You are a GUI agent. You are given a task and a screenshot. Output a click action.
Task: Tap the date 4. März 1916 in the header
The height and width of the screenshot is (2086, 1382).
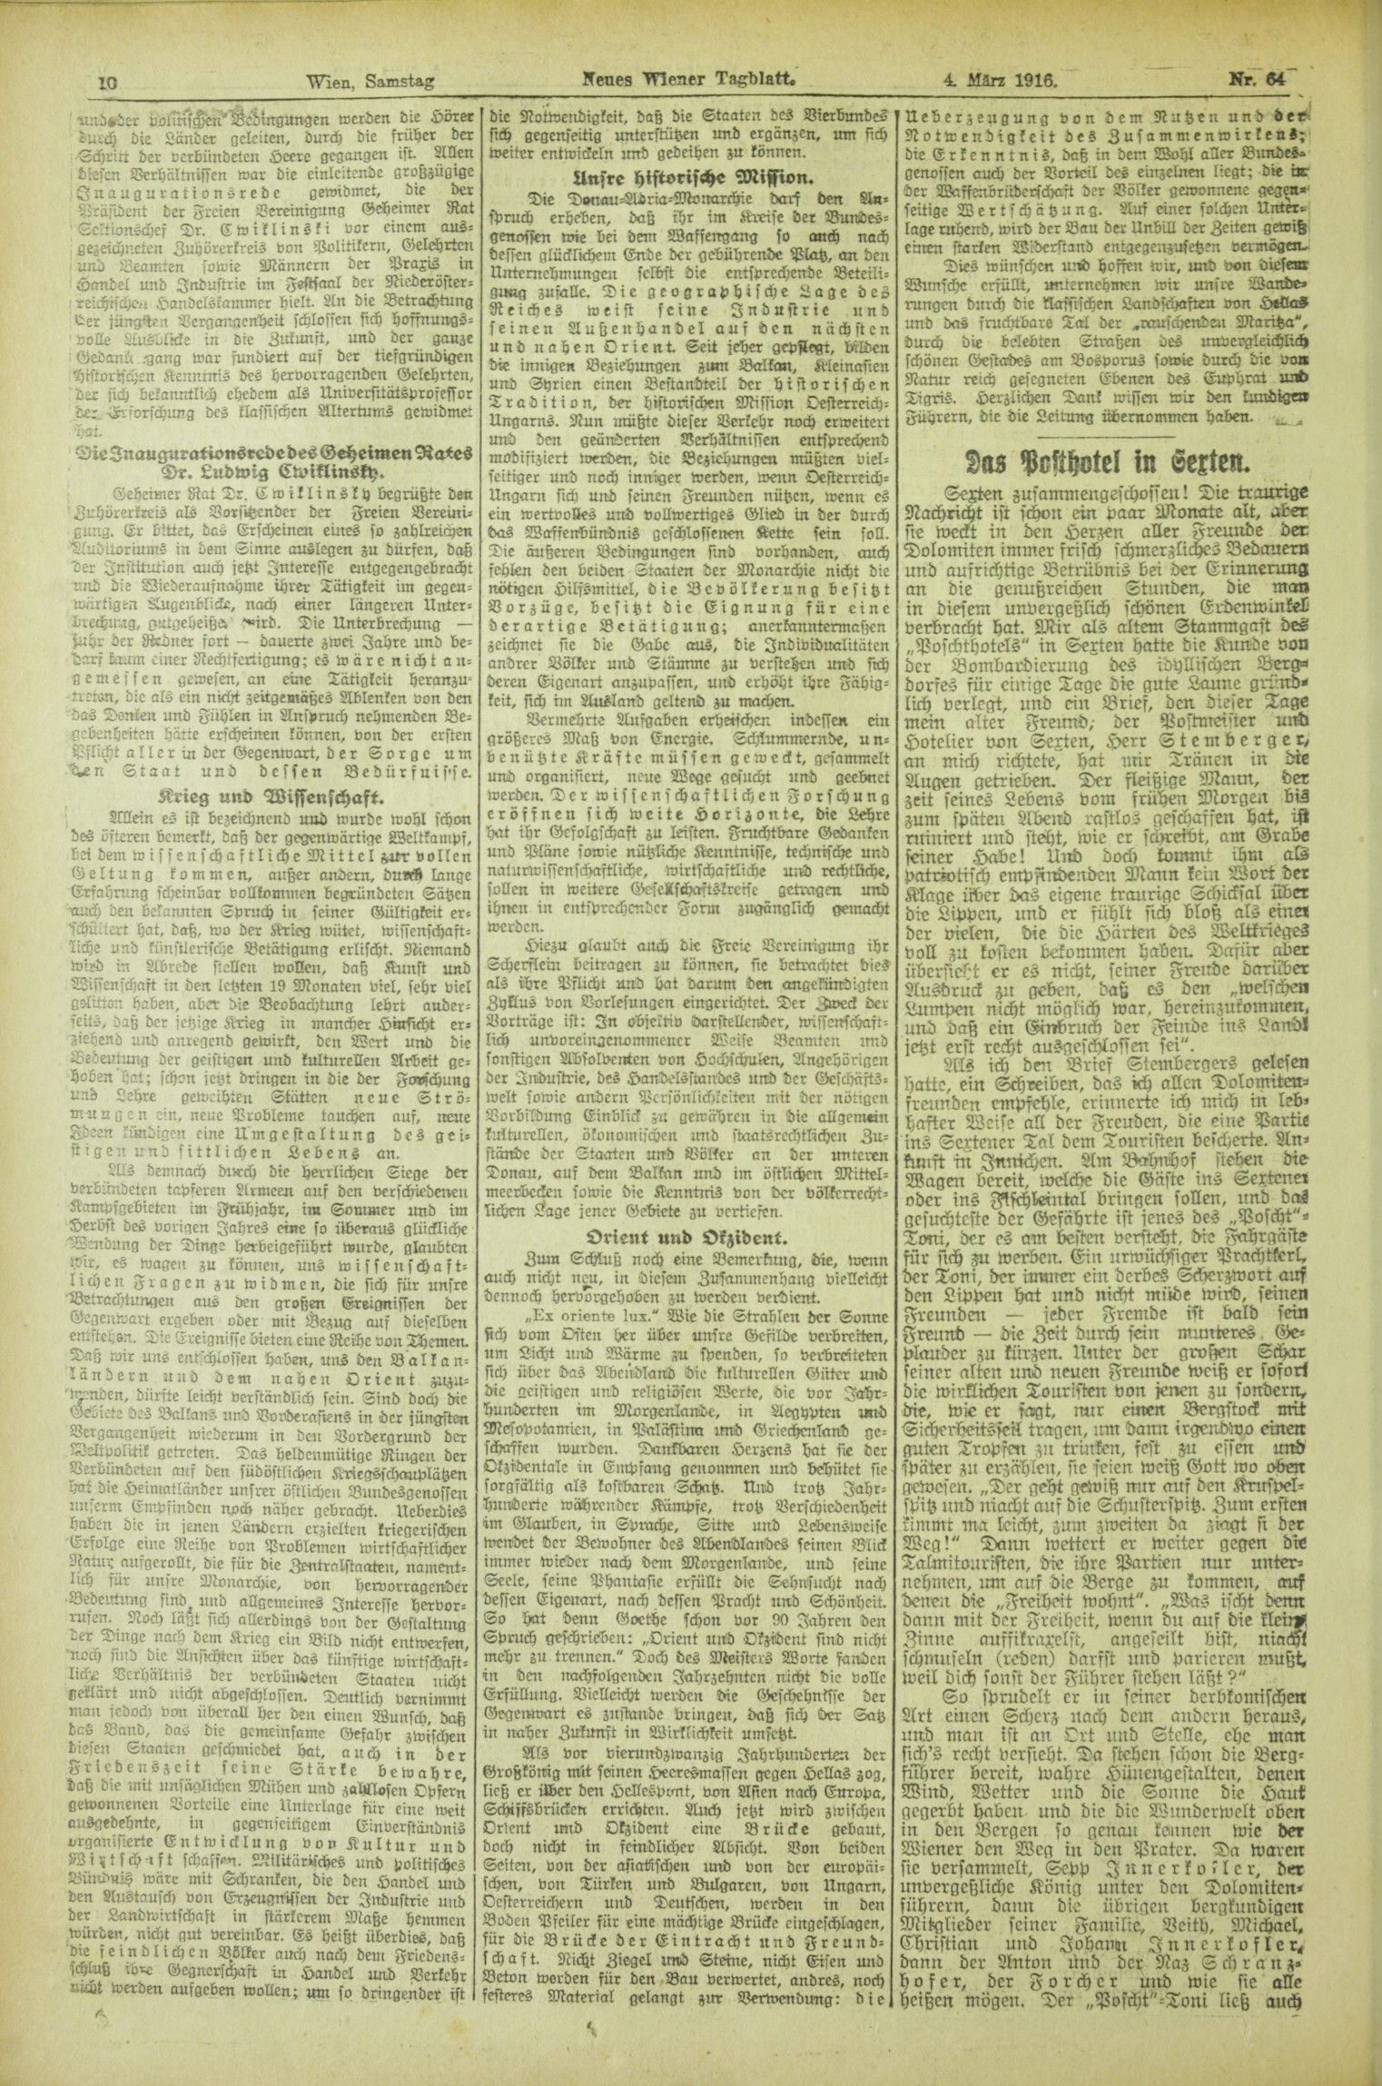(1001, 80)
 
